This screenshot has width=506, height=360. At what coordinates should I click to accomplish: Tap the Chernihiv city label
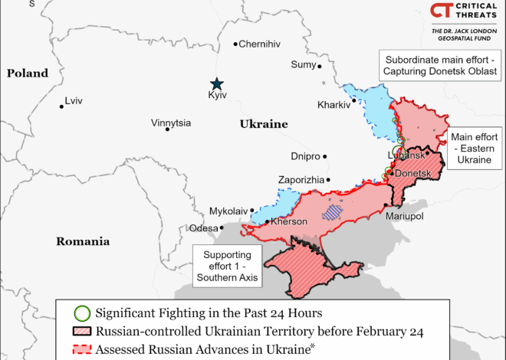coord(260,44)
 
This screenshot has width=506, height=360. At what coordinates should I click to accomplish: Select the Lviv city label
coord(74,100)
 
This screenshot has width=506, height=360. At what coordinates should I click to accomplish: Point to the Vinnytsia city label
coord(171,123)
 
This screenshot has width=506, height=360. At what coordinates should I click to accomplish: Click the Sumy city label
coord(303,64)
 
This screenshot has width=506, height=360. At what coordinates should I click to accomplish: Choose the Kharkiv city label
coord(333,105)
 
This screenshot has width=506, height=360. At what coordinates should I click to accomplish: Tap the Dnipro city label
coord(305,156)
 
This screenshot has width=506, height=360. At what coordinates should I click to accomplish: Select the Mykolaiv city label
coord(228,211)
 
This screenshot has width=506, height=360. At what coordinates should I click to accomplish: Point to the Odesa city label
coord(203,228)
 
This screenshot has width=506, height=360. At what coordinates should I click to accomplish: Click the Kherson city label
coord(287,221)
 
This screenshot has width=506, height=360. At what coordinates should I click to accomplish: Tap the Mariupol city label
coord(406,217)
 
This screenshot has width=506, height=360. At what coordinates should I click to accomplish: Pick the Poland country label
coord(28,74)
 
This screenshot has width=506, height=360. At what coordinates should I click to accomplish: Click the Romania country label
coord(82,241)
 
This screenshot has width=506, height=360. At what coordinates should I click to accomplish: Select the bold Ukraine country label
coord(263,124)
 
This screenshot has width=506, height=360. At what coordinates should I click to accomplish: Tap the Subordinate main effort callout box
coord(442,65)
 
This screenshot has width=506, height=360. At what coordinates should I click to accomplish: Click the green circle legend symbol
coord(82,313)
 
